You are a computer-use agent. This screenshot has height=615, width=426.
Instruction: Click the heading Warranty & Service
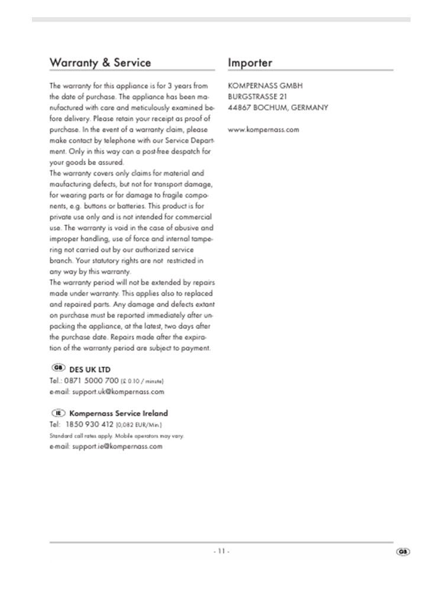tap(100, 63)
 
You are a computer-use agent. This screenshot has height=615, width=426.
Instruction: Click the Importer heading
tap(250, 63)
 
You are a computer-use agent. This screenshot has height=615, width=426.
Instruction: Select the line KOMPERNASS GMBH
tap(265, 86)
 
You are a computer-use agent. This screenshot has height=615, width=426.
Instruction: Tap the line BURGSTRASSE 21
tap(257, 96)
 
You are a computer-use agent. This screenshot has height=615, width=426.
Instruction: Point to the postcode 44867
tap(240, 108)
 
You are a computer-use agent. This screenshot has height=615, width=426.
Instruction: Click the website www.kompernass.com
tap(263, 130)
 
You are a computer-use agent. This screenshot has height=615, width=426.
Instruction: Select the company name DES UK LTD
tap(90, 370)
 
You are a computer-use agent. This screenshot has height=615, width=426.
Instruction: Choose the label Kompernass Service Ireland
tap(118, 413)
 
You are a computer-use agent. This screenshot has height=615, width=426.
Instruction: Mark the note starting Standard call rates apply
tap(117, 436)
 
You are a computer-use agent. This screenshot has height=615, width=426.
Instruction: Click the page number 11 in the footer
tap(221, 551)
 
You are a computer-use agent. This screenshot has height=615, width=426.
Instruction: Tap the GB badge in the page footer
tap(403, 552)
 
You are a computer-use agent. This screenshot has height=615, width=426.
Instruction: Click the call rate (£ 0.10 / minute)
tap(142, 381)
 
